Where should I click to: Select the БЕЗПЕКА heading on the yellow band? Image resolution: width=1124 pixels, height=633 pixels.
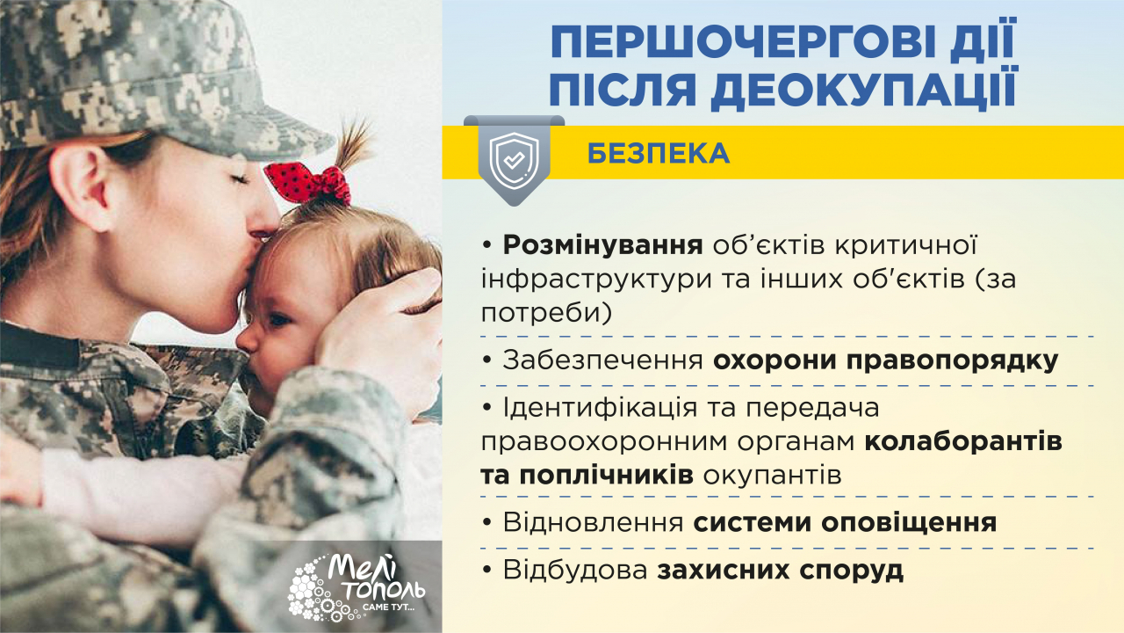[x=658, y=153]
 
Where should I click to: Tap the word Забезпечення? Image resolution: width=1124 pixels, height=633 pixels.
[x=602, y=360]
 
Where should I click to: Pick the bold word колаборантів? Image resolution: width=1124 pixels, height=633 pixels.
[x=964, y=441]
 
